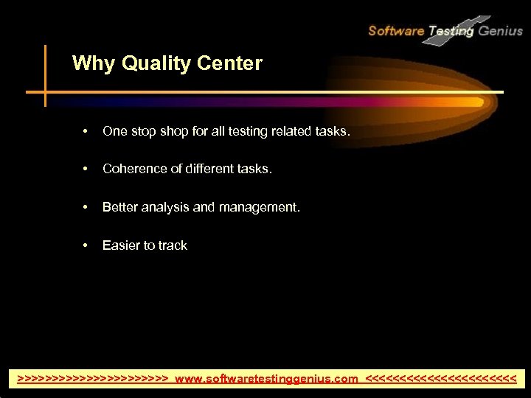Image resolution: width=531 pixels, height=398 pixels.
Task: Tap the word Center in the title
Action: click(229, 64)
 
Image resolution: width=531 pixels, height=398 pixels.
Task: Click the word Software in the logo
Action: click(396, 31)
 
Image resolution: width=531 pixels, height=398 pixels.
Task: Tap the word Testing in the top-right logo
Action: click(451, 31)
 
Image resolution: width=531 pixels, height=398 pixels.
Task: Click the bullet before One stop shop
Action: click(86, 132)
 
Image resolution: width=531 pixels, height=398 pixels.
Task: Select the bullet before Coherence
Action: click(86, 170)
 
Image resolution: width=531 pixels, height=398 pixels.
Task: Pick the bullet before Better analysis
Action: click(86, 208)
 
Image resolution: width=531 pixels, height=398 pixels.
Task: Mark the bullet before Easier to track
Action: click(86, 246)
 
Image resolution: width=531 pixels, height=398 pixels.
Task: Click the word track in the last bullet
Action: click(173, 245)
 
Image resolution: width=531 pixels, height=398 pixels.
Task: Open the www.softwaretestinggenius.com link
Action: click(266, 379)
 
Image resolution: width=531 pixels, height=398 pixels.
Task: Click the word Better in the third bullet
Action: click(118, 208)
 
